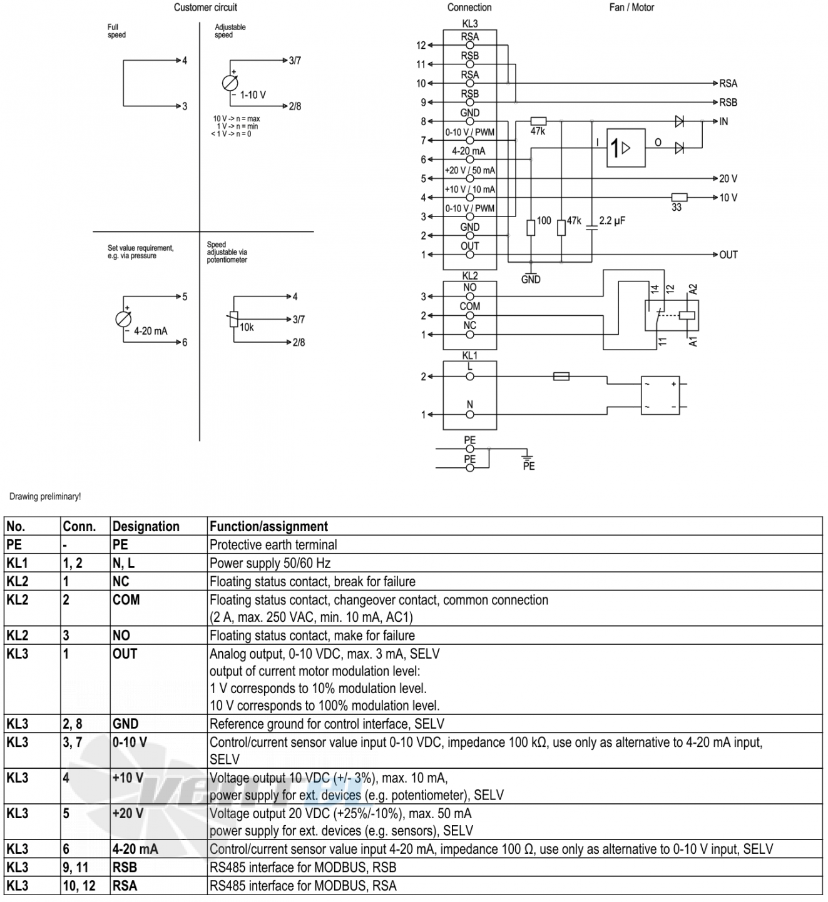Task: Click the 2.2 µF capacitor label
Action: click(612, 221)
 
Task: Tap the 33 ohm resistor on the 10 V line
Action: click(679, 198)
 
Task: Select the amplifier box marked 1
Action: click(625, 148)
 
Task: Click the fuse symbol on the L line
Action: click(561, 377)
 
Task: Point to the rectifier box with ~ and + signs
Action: click(660, 395)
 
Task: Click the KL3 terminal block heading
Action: click(470, 24)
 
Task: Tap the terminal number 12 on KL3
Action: click(421, 46)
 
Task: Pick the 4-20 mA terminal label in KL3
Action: click(469, 151)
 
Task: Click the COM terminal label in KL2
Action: click(470, 307)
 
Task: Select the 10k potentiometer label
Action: click(247, 327)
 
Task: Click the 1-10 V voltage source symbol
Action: click(230, 83)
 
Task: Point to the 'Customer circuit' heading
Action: click(205, 8)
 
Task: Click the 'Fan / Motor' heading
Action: click(631, 8)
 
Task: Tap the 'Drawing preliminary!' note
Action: click(45, 497)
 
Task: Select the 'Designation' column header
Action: click(146, 527)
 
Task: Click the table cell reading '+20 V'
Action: click(128, 813)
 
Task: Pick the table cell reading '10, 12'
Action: click(79, 886)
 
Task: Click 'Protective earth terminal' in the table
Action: click(273, 545)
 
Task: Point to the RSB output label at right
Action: click(728, 103)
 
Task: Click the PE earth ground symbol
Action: click(528, 457)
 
